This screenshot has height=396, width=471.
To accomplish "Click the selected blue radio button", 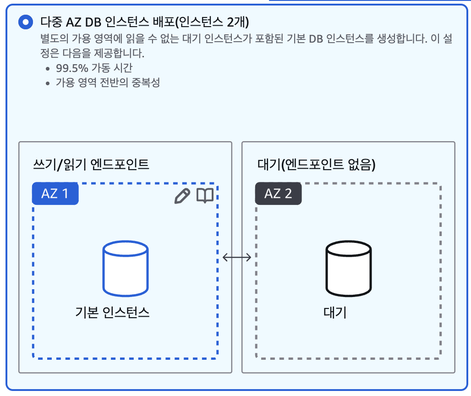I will click(25, 22).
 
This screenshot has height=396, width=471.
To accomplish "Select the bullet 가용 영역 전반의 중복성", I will click(108, 83).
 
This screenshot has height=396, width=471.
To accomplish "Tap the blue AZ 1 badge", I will click(55, 193).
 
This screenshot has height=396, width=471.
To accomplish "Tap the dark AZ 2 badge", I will click(278, 193).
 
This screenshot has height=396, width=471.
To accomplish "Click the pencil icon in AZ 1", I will click(182, 196).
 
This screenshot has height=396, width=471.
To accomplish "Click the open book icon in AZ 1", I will click(205, 196).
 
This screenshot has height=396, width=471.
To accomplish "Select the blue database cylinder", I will click(126, 269).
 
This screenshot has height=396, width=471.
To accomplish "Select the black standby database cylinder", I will click(348, 269).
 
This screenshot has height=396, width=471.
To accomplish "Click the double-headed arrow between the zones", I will click(237, 258).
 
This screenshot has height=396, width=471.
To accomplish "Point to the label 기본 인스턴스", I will click(113, 313).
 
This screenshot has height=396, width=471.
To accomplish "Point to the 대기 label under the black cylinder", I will click(335, 313).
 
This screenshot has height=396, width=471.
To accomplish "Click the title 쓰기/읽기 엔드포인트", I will click(91, 165).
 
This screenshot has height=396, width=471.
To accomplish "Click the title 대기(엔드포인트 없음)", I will click(317, 165).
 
